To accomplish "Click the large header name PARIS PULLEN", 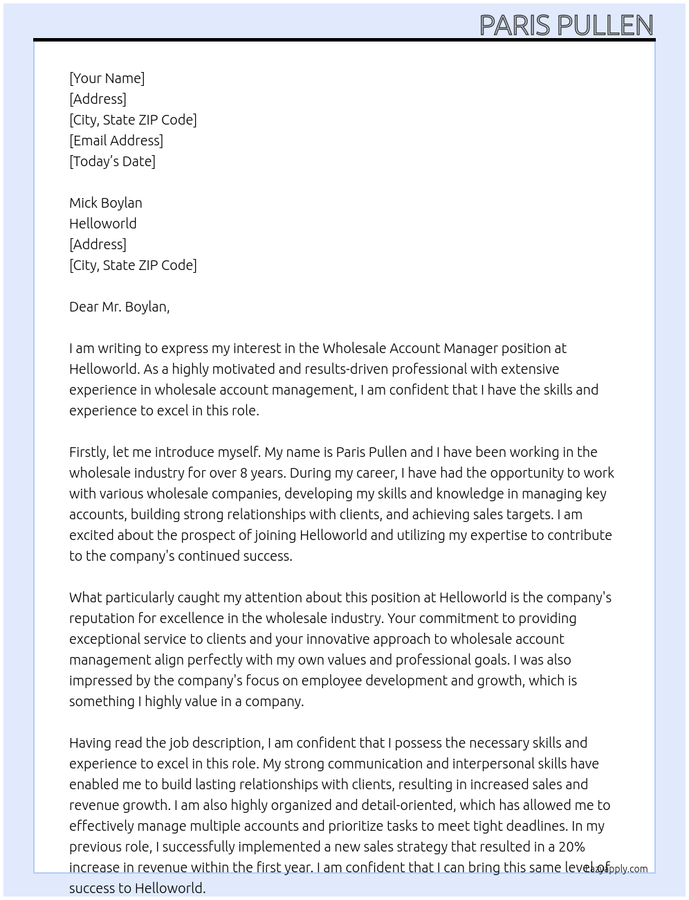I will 566,26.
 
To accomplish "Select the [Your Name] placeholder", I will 107,78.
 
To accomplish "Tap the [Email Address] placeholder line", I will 116,141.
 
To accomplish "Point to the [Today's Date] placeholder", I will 112,161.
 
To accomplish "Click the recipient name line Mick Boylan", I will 106,203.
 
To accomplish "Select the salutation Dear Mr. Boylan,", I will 119,307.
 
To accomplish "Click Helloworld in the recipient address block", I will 103,224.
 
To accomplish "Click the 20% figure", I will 571,847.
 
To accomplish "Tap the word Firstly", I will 89,452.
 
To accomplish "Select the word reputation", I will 104,618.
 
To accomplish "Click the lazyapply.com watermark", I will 616,869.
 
